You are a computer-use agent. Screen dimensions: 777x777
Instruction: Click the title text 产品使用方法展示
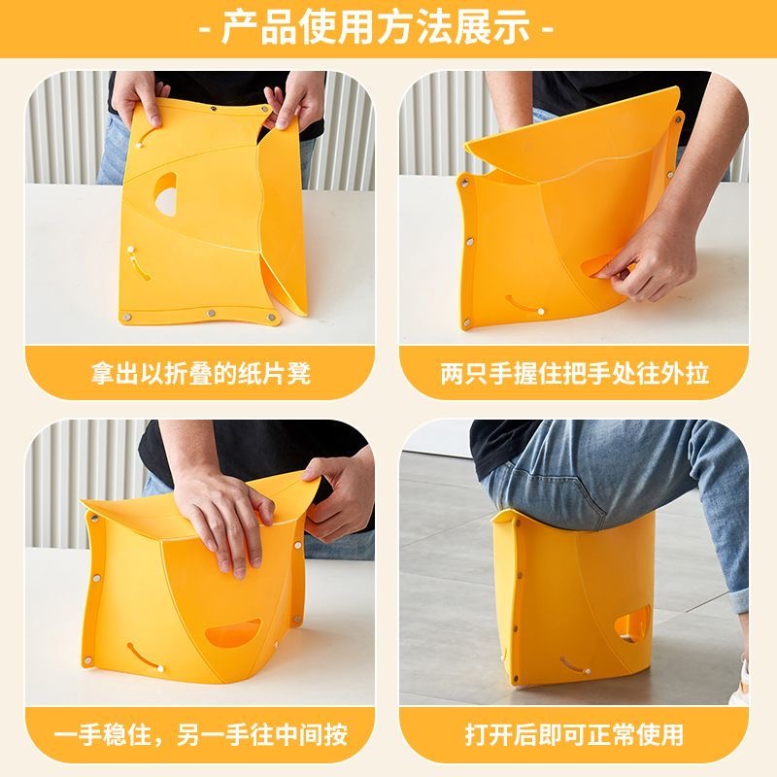click(376, 28)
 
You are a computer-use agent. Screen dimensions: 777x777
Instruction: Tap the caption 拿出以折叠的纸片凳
click(201, 374)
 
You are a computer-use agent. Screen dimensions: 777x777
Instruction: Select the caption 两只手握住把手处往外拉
click(574, 374)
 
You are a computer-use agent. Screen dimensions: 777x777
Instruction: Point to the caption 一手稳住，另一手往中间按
click(201, 735)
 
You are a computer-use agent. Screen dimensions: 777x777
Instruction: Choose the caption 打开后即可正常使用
click(574, 735)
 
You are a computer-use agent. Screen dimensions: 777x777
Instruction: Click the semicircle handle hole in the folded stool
click(167, 193)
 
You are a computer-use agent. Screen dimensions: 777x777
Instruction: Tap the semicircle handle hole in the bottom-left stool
click(232, 633)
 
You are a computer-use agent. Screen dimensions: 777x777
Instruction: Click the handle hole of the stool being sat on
click(632, 625)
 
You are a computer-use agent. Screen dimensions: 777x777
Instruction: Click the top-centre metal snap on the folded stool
click(213, 109)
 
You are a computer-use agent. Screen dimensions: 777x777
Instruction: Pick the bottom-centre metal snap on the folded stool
click(212, 313)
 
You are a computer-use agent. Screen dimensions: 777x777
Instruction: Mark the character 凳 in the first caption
click(298, 374)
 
